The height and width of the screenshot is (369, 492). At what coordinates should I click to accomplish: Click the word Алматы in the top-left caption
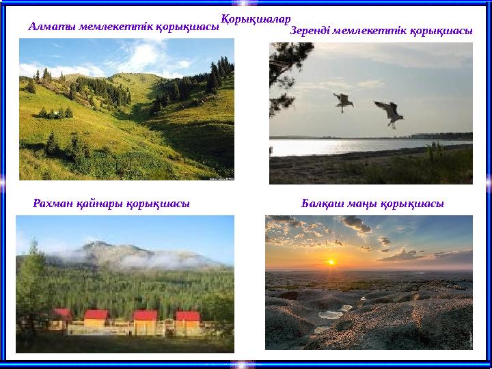(52, 27)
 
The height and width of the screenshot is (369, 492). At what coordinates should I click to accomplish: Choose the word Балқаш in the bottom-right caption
(323, 203)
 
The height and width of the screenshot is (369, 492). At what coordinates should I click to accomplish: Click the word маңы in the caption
(363, 203)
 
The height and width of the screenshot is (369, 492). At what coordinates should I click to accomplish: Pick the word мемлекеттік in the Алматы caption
(116, 27)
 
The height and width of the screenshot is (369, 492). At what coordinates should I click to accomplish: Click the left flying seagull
(343, 102)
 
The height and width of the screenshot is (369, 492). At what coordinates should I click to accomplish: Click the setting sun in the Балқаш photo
(332, 261)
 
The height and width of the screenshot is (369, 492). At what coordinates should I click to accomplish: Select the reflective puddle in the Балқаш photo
(331, 314)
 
